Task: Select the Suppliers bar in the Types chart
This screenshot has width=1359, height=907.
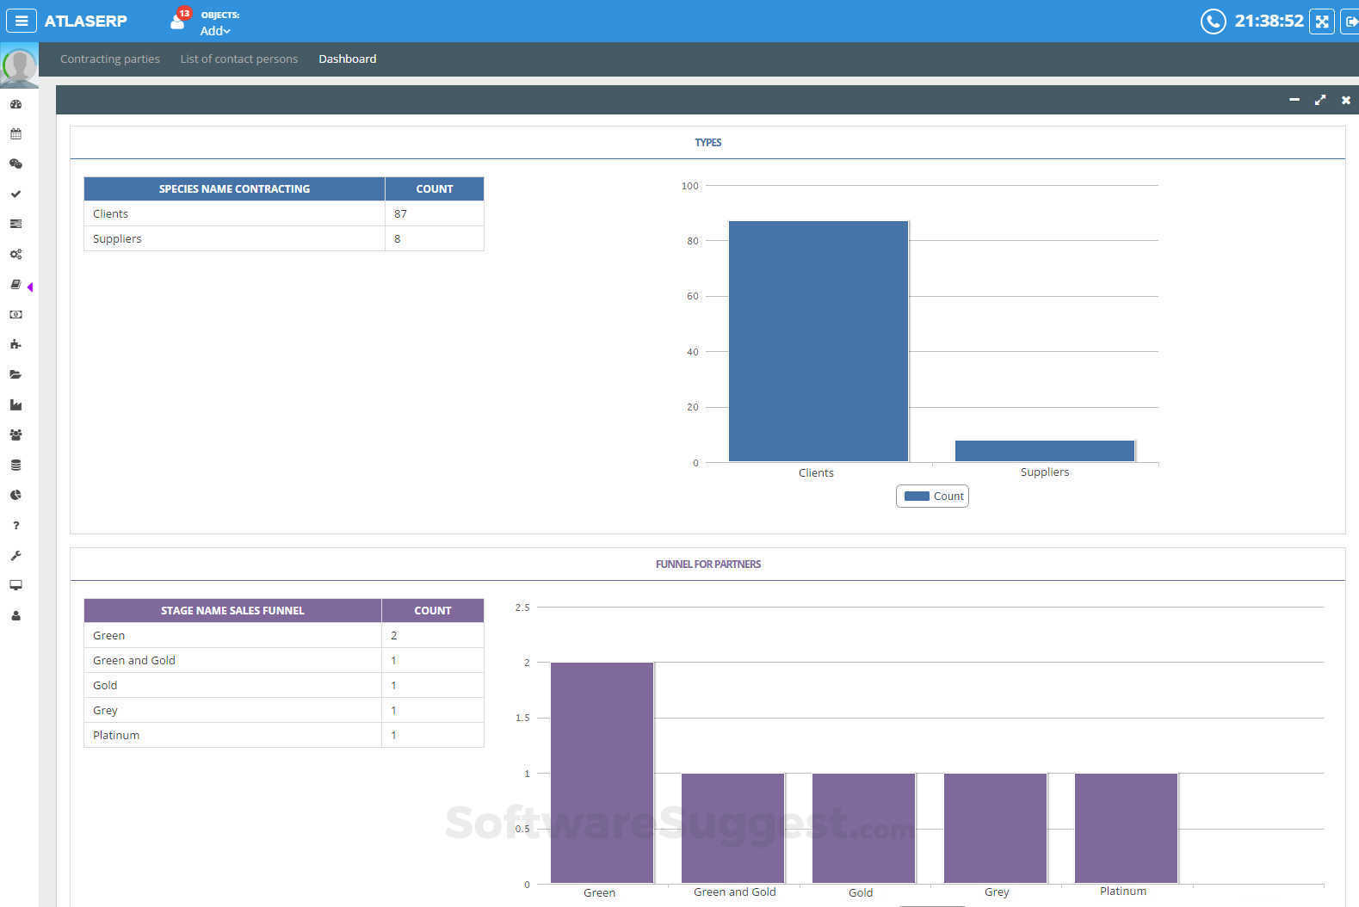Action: [1044, 451]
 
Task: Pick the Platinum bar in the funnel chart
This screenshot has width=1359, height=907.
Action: [1126, 827]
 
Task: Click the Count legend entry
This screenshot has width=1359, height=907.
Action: [933, 497]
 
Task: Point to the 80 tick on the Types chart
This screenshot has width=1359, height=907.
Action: [693, 241]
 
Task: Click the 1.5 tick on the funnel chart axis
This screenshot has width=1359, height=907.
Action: [522, 718]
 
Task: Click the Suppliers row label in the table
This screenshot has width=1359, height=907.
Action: [117, 238]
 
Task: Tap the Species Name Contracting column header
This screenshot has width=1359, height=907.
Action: [234, 188]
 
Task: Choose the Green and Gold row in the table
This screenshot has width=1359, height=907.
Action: [134, 660]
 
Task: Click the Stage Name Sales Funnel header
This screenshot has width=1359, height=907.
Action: [232, 610]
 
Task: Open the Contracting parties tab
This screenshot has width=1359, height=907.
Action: [110, 59]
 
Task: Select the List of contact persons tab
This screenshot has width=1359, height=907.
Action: [238, 59]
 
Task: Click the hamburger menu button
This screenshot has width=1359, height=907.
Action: [21, 21]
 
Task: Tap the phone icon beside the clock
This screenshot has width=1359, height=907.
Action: [1213, 21]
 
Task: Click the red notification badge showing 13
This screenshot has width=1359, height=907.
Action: [184, 13]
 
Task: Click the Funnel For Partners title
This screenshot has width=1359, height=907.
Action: [707, 564]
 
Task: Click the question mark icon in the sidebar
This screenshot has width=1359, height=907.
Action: [15, 525]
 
